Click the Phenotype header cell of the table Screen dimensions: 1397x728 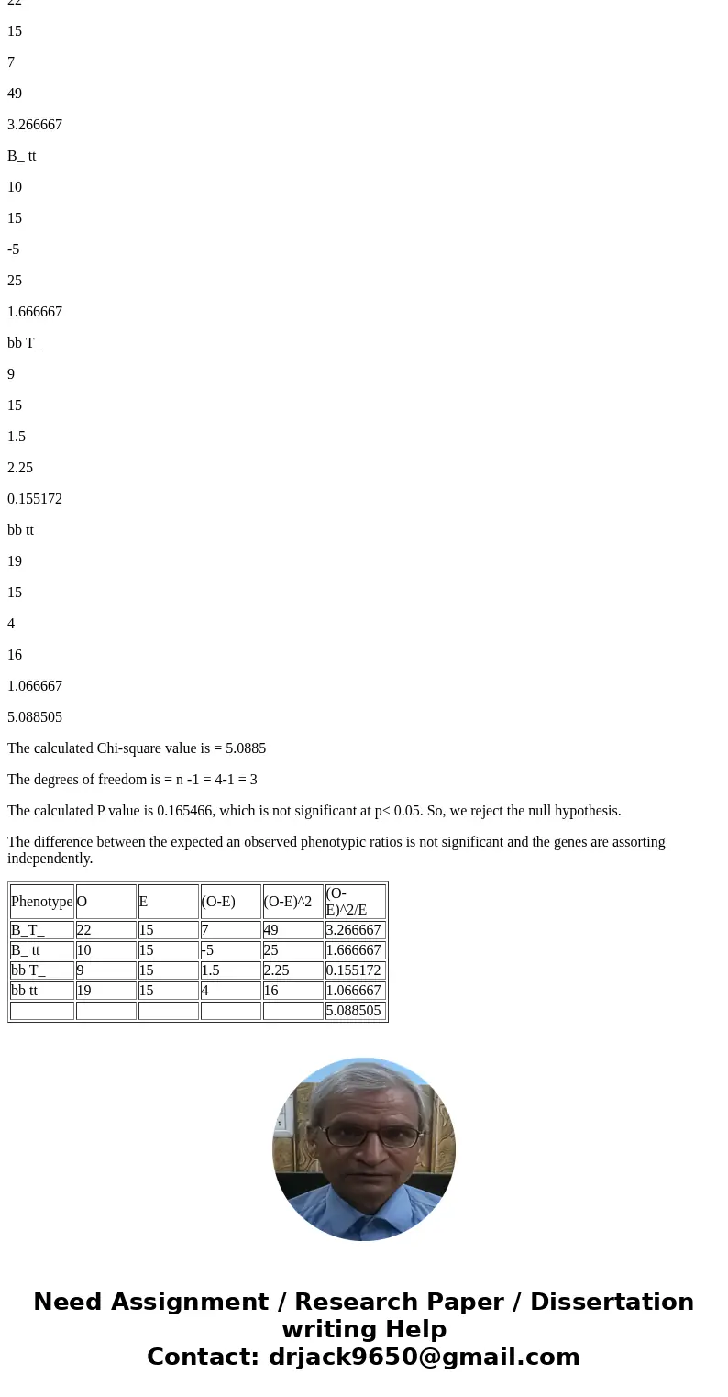pyautogui.click(x=41, y=902)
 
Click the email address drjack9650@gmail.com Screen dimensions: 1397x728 pyautogui.click(x=424, y=1358)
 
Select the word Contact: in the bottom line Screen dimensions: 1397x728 pyautogui.click(x=203, y=1358)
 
